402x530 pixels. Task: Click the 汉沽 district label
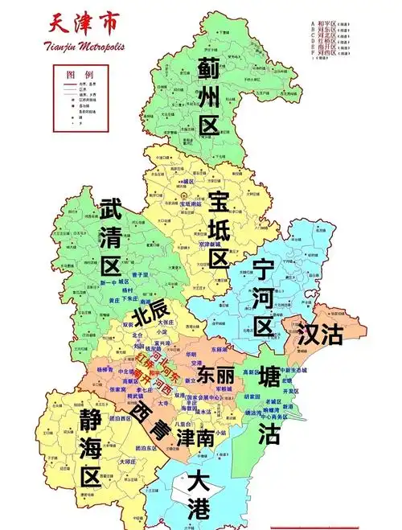point(318,334)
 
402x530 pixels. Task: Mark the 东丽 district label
point(215,375)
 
